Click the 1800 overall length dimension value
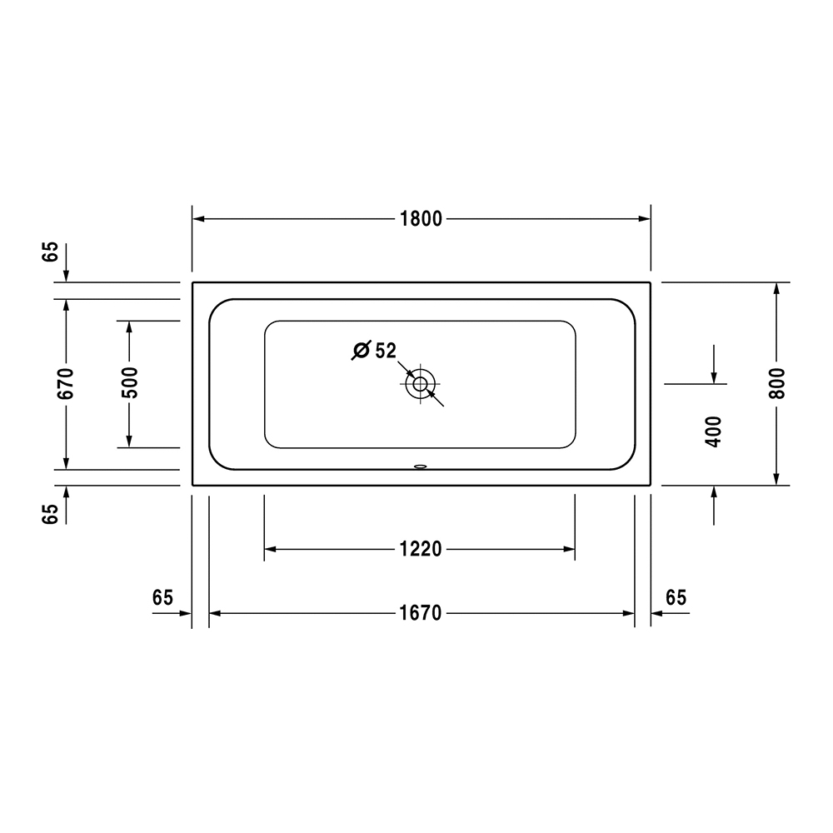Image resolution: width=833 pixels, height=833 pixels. (x=421, y=219)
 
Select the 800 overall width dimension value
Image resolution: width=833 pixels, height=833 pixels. (x=776, y=383)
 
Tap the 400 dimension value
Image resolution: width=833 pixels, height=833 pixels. (x=713, y=431)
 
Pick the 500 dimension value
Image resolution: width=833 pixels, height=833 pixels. (x=129, y=383)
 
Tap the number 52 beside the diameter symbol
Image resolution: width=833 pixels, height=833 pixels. (x=385, y=351)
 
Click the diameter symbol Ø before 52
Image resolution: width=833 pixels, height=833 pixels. (x=361, y=351)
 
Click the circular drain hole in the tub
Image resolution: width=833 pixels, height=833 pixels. (x=420, y=384)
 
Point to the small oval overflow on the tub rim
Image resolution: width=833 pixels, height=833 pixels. (x=420, y=467)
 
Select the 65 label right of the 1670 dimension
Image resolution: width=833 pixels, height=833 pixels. (x=676, y=597)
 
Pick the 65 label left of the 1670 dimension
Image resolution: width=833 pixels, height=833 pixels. (x=162, y=597)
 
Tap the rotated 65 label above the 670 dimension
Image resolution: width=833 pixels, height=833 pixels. (x=51, y=252)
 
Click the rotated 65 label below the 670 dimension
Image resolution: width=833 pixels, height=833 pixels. (x=51, y=514)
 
